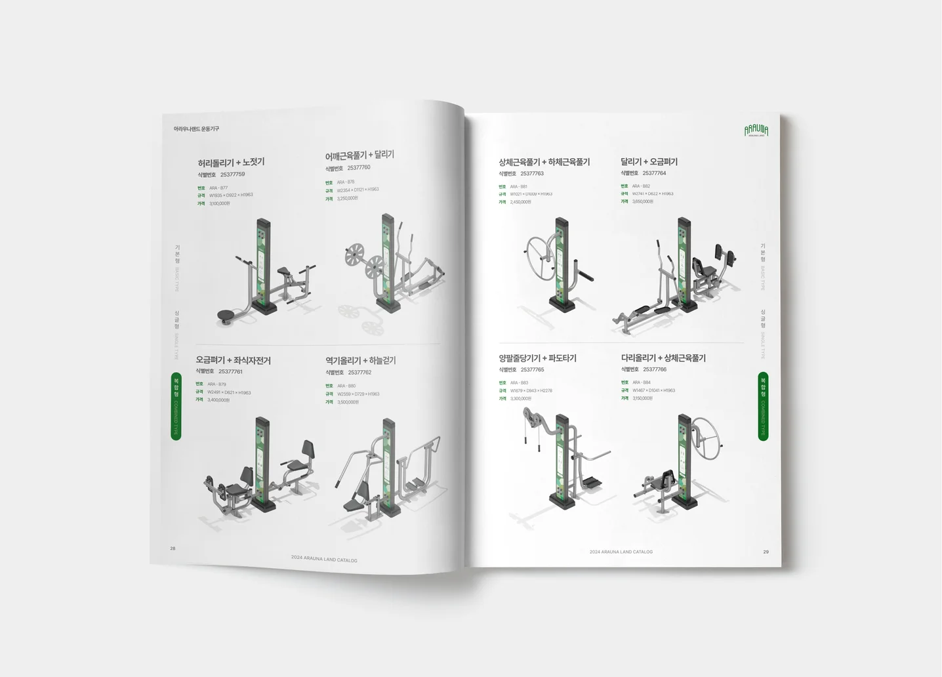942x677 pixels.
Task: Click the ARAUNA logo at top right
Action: pyautogui.click(x=756, y=131)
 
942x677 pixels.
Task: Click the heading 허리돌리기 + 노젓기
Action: pyautogui.click(x=231, y=163)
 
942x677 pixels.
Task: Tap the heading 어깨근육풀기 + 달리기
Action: pyautogui.click(x=359, y=155)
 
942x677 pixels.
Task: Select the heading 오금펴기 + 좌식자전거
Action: pyautogui.click(x=233, y=360)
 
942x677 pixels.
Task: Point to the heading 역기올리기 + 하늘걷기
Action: pyautogui.click(x=360, y=360)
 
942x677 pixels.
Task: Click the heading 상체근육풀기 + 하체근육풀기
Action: pyautogui.click(x=544, y=162)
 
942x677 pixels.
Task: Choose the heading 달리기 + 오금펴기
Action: pyautogui.click(x=649, y=161)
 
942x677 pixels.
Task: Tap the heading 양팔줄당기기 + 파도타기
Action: pyautogui.click(x=537, y=358)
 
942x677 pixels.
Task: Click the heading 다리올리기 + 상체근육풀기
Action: pyautogui.click(x=663, y=358)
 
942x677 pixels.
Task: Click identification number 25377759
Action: pyautogui.click(x=232, y=174)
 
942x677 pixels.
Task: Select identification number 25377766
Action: pyautogui.click(x=654, y=369)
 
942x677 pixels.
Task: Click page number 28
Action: pyautogui.click(x=173, y=548)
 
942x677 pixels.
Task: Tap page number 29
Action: pyautogui.click(x=766, y=552)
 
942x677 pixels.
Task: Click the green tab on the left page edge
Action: pyautogui.click(x=176, y=406)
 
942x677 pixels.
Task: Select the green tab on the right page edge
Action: pyautogui.click(x=763, y=406)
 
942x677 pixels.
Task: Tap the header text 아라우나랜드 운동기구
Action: pyautogui.click(x=196, y=129)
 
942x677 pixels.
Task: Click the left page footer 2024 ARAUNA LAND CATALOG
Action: pyautogui.click(x=324, y=560)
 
